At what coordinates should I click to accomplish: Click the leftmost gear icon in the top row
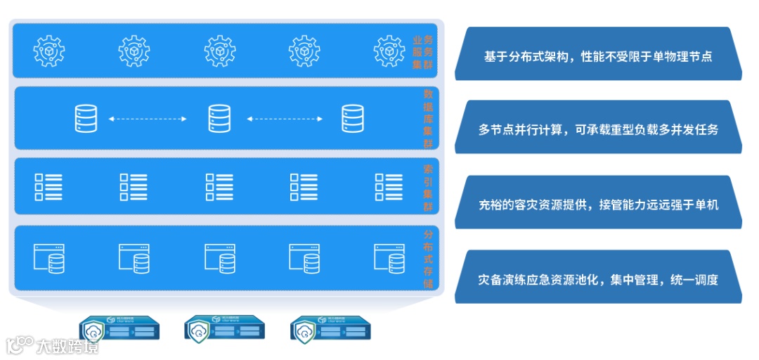point(49,51)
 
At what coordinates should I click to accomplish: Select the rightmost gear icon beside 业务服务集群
point(389,51)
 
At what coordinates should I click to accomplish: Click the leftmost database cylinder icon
point(86,119)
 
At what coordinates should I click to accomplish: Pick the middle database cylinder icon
point(219,119)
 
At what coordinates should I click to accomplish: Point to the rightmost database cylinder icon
point(353,119)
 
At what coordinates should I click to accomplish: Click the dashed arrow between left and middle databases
point(148,119)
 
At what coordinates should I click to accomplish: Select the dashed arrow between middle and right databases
point(285,119)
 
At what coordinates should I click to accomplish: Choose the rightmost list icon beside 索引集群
point(389,187)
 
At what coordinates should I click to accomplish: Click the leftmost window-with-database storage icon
point(49,258)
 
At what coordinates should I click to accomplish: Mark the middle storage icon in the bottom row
point(219,258)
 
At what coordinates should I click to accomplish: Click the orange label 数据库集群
point(427,119)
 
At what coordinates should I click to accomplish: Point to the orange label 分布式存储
point(427,257)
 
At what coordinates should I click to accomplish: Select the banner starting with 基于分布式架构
point(598,56)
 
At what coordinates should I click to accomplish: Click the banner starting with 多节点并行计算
point(598,129)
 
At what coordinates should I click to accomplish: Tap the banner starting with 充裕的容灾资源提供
point(598,205)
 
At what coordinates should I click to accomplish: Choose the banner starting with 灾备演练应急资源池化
point(598,279)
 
